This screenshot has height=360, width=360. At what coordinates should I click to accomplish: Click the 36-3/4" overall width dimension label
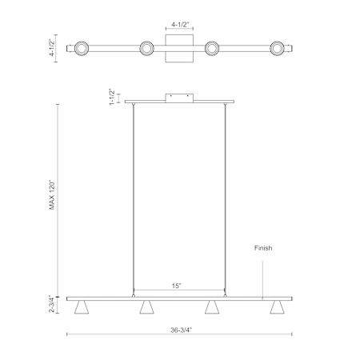click(x=182, y=330)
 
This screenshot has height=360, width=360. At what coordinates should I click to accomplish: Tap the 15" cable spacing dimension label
click(x=177, y=286)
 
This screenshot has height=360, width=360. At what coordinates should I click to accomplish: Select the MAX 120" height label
click(x=52, y=195)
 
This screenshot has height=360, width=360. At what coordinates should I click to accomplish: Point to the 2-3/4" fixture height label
click(x=52, y=304)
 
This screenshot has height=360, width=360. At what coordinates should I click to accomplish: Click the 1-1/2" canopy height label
click(x=112, y=97)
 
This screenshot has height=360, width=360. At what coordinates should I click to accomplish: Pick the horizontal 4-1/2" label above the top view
click(x=180, y=25)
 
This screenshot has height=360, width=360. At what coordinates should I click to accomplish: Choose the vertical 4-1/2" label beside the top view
click(x=52, y=47)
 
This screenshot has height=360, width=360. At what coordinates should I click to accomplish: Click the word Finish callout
click(x=263, y=248)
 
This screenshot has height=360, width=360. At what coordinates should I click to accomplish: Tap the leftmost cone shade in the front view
click(x=82, y=307)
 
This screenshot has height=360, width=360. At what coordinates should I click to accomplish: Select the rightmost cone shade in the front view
click(x=277, y=307)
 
